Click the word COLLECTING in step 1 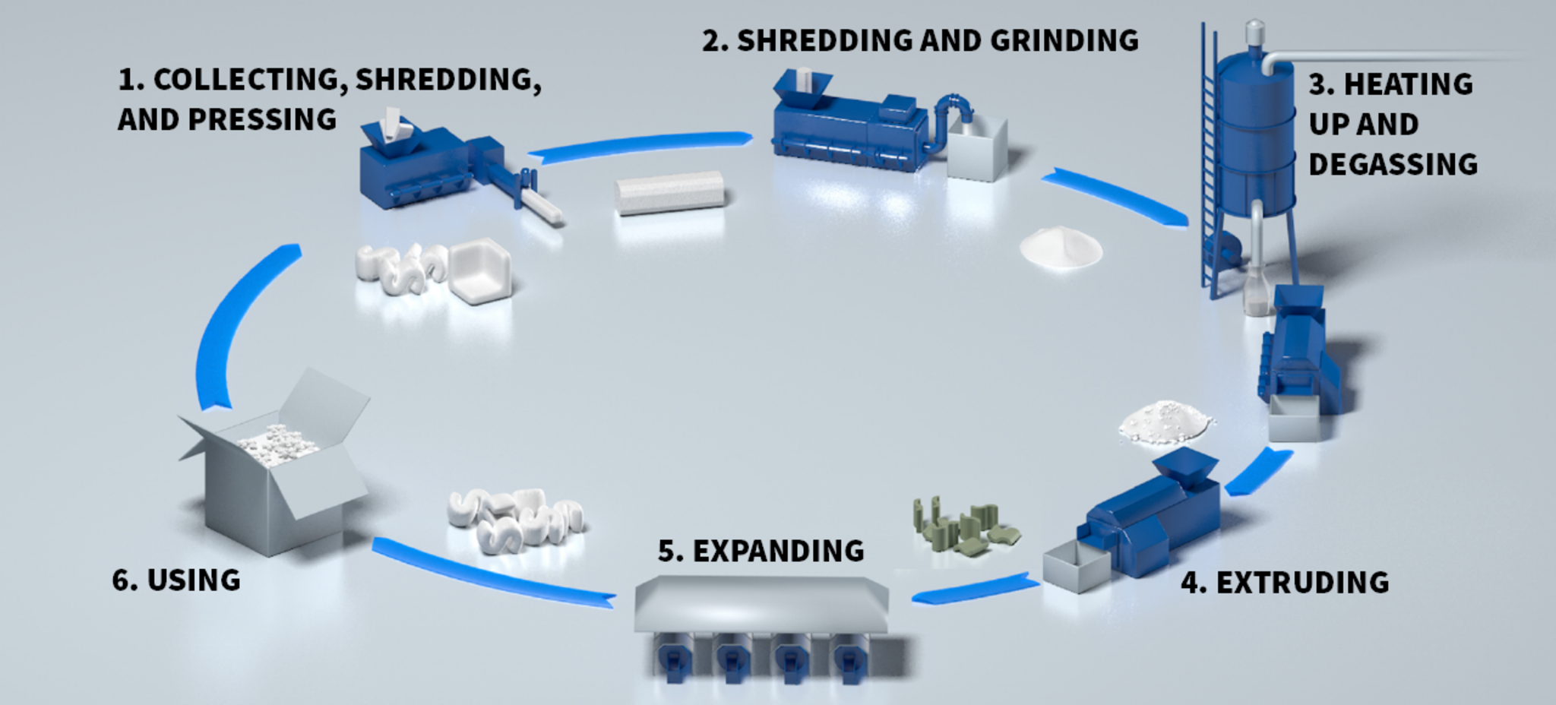pos(248,80)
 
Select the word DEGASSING pos(1393,164)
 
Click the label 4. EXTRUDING pos(1285,583)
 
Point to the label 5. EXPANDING pos(761,551)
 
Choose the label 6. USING pos(176,580)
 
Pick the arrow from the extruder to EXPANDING pos(976,589)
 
